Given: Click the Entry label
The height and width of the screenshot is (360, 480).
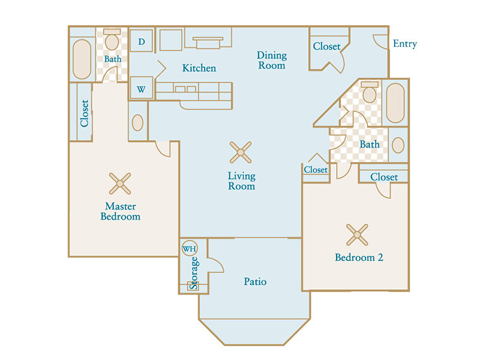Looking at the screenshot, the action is [404, 44].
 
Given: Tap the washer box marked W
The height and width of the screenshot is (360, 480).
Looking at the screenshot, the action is [141, 88].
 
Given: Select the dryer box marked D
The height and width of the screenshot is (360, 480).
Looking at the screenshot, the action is [141, 40].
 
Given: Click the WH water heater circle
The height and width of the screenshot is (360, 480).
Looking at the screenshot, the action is [190, 248].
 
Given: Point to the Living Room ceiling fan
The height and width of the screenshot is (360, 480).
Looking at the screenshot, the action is [241, 152].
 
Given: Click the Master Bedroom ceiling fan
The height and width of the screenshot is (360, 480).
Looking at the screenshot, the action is [120, 184].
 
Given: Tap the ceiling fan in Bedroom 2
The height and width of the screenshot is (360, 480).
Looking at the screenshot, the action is [357, 235].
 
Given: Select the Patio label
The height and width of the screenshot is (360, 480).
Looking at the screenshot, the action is [255, 281].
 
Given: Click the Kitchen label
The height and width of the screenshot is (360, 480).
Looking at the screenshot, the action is [199, 68].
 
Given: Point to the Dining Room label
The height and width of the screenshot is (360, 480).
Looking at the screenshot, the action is [272, 61].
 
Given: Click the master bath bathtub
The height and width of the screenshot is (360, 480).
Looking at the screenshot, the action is [82, 59].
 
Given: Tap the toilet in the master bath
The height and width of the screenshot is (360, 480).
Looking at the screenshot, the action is [112, 40].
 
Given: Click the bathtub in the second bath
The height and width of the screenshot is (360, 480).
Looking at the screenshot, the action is [395, 103].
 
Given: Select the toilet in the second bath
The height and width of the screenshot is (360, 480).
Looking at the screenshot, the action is [370, 92].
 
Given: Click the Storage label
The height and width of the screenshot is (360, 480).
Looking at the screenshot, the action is [194, 273].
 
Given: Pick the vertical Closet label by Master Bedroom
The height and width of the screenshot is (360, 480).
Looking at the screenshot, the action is [84, 113].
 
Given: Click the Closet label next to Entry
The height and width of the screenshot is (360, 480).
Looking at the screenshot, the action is [326, 47].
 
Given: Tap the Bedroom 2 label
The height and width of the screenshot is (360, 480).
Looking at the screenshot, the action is [359, 257].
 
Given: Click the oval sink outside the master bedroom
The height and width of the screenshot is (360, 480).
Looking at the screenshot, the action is [137, 122].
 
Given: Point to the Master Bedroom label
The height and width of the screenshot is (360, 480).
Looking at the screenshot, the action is [121, 211].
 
